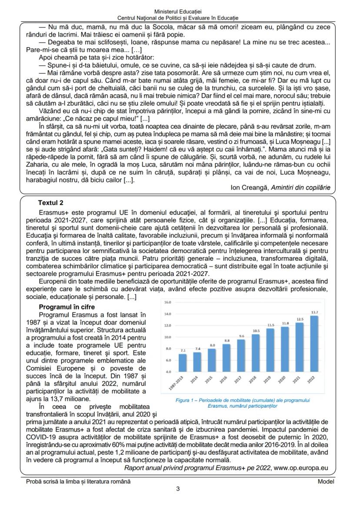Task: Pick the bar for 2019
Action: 270,350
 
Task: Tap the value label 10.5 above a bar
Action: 256,330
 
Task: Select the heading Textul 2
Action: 51,203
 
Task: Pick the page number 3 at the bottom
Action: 178,489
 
